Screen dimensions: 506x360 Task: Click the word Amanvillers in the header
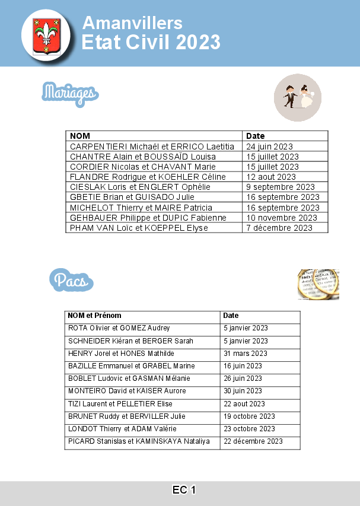click(132, 23)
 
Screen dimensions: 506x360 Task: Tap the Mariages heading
click(70, 93)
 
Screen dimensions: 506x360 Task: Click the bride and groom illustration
click(298, 97)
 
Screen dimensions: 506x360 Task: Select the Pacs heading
click(71, 280)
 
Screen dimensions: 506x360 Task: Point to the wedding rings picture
click(318, 284)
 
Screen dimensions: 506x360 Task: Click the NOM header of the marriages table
click(80, 136)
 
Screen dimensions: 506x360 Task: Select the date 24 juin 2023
click(269, 147)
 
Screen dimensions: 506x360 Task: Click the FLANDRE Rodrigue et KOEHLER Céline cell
click(148, 177)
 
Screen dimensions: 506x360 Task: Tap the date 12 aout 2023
click(270, 177)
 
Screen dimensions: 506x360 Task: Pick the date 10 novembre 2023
click(282, 218)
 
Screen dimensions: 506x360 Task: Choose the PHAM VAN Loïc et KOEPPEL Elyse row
click(139, 228)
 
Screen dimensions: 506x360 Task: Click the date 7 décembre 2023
click(279, 228)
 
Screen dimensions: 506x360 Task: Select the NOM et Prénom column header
click(94, 316)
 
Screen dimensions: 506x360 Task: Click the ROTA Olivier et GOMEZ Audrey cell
click(119, 328)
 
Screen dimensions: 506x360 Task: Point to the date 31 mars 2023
click(246, 354)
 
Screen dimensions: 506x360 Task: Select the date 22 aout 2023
click(244, 404)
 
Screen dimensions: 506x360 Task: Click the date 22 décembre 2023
click(253, 441)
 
